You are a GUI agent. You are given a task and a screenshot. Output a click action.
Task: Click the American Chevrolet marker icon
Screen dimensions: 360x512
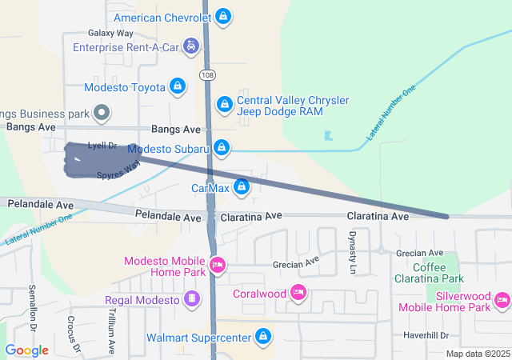pyautogui.click(x=225, y=17)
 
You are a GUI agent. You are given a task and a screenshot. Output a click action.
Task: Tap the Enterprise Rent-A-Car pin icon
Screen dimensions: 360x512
pyautogui.click(x=191, y=46)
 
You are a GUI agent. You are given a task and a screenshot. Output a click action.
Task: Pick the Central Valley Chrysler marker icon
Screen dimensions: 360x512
pyautogui.click(x=225, y=104)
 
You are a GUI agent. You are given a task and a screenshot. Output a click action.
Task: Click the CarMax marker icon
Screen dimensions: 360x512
pyautogui.click(x=242, y=189)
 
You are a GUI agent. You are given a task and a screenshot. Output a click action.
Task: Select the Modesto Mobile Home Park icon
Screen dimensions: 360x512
pyautogui.click(x=217, y=265)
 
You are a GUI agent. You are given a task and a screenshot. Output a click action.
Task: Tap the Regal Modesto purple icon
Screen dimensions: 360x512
pyautogui.click(x=192, y=300)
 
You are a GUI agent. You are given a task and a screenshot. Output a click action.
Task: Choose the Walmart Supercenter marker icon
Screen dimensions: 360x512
pyautogui.click(x=262, y=337)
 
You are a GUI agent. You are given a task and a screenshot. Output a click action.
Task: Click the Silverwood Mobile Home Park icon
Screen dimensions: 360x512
pyautogui.click(x=502, y=300)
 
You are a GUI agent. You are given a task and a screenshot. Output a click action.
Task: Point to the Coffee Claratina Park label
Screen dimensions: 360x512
pyautogui.click(x=429, y=273)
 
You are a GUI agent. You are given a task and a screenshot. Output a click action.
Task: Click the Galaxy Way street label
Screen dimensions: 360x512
pyautogui.click(x=110, y=33)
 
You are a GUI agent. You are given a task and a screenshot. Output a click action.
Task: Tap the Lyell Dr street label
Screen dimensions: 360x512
pyautogui.click(x=102, y=146)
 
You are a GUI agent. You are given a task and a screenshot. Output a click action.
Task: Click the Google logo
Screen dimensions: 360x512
pyautogui.click(x=26, y=350)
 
